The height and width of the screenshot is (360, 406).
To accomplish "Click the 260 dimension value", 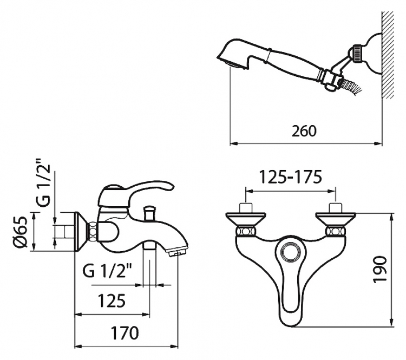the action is tap(304, 131).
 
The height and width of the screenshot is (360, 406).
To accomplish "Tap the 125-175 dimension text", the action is tap(291, 177).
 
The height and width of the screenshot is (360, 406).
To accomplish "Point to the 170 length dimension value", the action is tap(125, 333).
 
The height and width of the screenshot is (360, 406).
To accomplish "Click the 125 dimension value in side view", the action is tap(112, 300).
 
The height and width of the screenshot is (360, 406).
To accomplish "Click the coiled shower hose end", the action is tap(350, 86).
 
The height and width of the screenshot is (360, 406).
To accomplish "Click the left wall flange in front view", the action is tap(246, 218).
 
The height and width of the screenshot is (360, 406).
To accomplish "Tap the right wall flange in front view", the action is tap(336, 218).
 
